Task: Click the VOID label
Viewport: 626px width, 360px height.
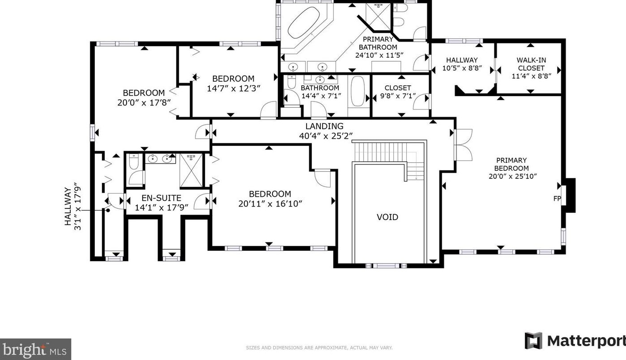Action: (388, 217)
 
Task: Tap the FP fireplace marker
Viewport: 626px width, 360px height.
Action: (557, 199)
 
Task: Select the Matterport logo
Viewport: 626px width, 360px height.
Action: (575, 341)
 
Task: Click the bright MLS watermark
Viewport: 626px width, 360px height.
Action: (35, 349)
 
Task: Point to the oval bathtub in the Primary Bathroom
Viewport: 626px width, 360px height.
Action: (304, 22)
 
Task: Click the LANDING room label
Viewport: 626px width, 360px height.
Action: (324, 126)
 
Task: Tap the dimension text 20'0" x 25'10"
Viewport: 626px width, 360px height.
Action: (512, 176)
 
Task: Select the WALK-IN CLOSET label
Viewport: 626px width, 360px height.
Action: (531, 64)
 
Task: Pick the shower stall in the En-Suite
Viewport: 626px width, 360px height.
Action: (191, 170)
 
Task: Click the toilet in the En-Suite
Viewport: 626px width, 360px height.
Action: (134, 161)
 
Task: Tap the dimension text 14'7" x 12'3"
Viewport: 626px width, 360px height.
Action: (234, 89)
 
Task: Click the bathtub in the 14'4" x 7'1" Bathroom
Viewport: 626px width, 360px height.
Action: (358, 91)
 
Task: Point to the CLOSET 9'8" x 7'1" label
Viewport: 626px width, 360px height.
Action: (398, 92)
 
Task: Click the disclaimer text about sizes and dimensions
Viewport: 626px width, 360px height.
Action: (319, 348)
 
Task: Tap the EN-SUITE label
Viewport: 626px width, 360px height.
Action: (161, 198)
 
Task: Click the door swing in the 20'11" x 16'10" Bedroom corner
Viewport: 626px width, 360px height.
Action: (323, 178)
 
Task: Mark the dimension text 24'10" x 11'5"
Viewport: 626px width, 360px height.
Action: (379, 55)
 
